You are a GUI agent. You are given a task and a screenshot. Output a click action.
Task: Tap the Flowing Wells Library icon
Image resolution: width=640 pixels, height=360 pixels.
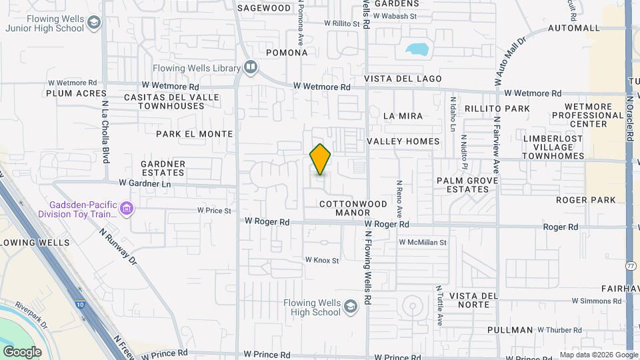point(250,67)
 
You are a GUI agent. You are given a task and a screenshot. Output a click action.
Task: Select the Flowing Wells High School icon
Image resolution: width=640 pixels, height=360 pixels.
point(350,307)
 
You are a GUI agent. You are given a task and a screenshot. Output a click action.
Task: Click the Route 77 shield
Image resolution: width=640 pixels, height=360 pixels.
point(631,265)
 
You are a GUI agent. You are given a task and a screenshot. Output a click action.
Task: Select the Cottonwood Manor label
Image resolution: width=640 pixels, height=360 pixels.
point(343,208)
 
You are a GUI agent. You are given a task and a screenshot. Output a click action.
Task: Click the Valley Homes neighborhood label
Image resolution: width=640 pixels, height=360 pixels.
point(403,141)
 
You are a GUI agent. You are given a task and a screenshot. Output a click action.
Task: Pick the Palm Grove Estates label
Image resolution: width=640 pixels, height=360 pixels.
point(463,185)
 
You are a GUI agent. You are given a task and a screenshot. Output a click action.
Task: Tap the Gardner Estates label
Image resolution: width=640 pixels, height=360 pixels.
point(163,168)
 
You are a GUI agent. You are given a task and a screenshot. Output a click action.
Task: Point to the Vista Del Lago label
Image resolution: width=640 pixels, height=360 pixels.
point(403,79)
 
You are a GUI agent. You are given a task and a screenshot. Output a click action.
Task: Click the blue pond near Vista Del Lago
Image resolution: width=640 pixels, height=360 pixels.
point(417,49)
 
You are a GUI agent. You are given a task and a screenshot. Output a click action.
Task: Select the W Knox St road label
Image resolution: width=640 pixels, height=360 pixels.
point(322,260)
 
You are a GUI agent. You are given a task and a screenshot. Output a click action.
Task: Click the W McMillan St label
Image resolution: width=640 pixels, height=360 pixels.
point(423,242)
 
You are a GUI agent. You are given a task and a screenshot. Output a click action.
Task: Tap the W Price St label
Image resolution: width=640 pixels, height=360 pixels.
point(213,211)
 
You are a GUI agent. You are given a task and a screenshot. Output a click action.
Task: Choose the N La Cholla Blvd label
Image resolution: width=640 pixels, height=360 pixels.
point(105,132)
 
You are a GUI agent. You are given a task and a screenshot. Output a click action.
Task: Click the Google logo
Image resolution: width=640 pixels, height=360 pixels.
point(22,351)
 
